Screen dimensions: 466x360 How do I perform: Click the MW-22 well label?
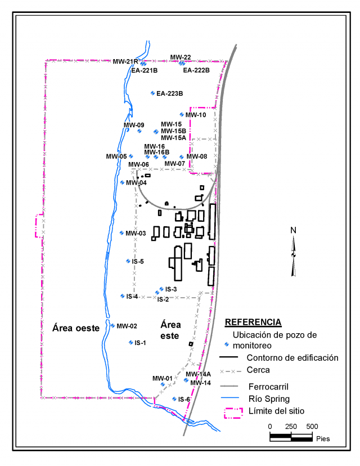181,57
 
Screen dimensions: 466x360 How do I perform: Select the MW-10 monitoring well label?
196,115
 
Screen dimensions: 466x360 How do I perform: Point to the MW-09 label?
134,125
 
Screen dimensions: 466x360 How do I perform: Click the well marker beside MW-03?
122,233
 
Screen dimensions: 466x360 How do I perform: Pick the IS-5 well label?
138,261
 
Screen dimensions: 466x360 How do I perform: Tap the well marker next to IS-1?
130,342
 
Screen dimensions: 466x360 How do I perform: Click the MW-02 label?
127,326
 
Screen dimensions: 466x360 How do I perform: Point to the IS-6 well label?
184,399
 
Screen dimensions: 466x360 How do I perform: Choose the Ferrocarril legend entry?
269,386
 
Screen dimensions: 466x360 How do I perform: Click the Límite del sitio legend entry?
276,411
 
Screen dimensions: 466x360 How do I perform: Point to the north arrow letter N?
293,230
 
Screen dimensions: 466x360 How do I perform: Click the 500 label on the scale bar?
311,426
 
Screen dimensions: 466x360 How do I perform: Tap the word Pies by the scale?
323,438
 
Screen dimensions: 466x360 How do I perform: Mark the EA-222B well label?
196,70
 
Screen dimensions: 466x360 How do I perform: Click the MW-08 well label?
196,156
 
